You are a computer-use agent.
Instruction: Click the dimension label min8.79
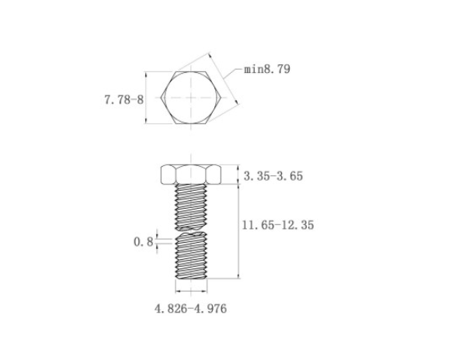(267, 69)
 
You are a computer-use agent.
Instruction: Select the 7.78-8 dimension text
(124, 99)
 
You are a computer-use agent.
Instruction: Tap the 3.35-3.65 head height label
(273, 176)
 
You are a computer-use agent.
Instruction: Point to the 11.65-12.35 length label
(278, 225)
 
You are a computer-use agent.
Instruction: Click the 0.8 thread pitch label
(144, 241)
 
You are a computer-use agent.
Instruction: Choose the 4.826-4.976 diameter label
(190, 309)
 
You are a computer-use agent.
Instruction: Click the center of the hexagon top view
(191, 98)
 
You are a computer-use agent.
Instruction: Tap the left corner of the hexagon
(161, 98)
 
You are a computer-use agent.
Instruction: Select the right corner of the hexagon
(221, 98)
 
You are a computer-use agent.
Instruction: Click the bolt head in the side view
(191, 175)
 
